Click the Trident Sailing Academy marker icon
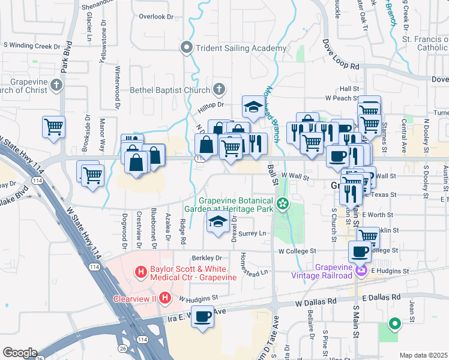point(187,48)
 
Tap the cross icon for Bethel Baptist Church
point(219,90)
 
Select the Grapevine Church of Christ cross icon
point(56,85)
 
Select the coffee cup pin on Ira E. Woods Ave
point(203,316)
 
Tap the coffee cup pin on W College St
point(360,252)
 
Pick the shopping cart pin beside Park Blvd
point(53,127)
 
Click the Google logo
point(20,353)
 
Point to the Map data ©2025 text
point(423,355)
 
